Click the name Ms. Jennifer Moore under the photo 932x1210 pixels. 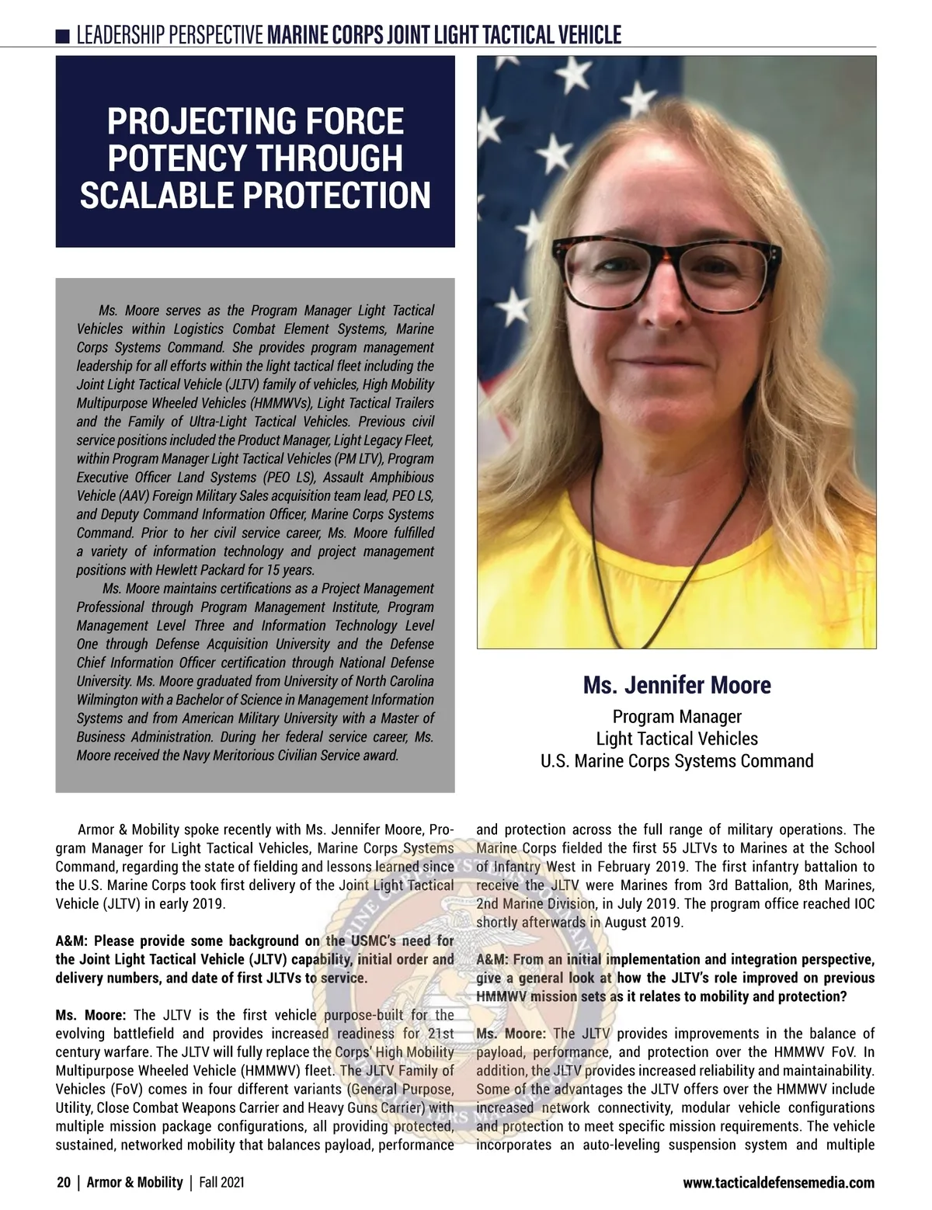(676, 686)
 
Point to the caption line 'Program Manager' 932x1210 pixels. (676, 716)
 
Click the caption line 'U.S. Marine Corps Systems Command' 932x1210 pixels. (676, 760)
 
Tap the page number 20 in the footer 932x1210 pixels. (63, 1183)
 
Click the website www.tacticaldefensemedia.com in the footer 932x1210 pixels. (778, 1184)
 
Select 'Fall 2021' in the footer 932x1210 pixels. (221, 1183)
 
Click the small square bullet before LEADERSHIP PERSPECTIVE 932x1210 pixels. (63, 36)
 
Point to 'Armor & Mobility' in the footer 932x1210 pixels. (134, 1183)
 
